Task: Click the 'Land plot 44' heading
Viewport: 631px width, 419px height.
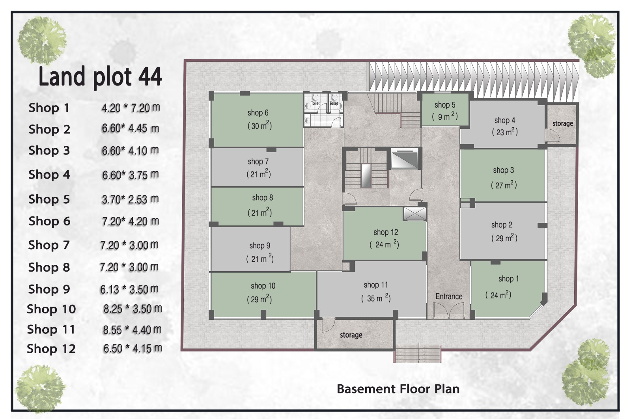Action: (100, 76)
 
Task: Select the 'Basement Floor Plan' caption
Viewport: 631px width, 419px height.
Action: (398, 389)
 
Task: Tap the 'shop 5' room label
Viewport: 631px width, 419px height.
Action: (445, 105)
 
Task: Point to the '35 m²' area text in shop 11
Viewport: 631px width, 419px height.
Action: (376, 298)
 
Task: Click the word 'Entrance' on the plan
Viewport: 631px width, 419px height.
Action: (449, 296)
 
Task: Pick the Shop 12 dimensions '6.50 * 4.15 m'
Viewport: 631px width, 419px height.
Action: (133, 348)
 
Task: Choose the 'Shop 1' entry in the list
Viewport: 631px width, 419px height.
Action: (49, 108)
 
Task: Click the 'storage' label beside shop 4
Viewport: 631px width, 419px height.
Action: (562, 124)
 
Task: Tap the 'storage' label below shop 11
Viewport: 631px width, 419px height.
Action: (351, 335)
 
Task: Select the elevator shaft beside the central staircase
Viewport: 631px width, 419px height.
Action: (405, 160)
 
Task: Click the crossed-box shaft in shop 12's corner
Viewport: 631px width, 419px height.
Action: (414, 214)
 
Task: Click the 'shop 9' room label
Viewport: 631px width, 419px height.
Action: (260, 246)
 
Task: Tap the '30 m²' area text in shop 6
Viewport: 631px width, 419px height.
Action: (260, 125)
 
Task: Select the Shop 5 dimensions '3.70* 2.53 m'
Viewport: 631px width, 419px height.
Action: (130, 199)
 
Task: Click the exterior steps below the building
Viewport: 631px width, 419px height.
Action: (417, 354)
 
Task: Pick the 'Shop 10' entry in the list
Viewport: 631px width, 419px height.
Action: (51, 309)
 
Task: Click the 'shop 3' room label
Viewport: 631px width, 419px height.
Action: (503, 170)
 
